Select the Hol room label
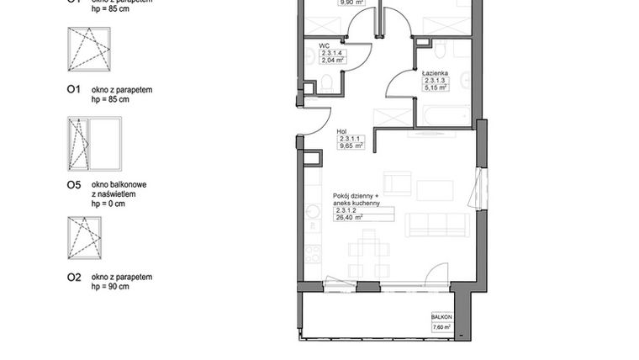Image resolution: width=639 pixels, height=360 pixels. (x=341, y=131)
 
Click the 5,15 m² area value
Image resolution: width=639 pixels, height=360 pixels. (x=436, y=86)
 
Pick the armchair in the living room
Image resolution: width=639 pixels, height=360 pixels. (x=398, y=183)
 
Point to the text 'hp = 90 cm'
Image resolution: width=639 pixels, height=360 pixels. (x=110, y=287)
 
